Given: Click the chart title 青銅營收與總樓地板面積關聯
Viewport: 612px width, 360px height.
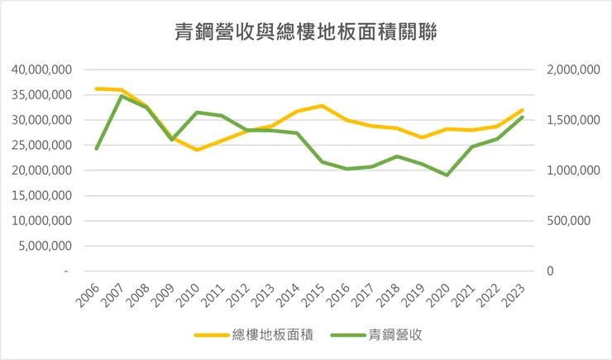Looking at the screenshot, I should tap(306, 32).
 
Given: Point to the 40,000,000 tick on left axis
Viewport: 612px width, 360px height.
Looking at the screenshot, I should tap(41, 70).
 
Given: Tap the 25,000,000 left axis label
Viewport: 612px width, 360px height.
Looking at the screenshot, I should tap(41, 146).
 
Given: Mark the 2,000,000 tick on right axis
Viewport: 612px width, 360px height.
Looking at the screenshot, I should tap(572, 70).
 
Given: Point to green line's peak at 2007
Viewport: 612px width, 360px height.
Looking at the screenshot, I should tap(122, 96).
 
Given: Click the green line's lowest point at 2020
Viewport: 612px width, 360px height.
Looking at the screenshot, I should tap(447, 175).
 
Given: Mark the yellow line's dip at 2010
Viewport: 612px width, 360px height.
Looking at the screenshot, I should tap(197, 150).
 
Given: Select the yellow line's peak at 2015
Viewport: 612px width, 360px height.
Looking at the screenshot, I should tap(322, 106).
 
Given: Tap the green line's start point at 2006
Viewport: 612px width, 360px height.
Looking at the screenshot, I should tap(97, 149).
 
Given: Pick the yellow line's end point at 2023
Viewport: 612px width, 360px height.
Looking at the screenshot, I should tap(523, 110).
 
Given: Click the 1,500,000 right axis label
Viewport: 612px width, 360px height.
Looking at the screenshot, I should tap(572, 120).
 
